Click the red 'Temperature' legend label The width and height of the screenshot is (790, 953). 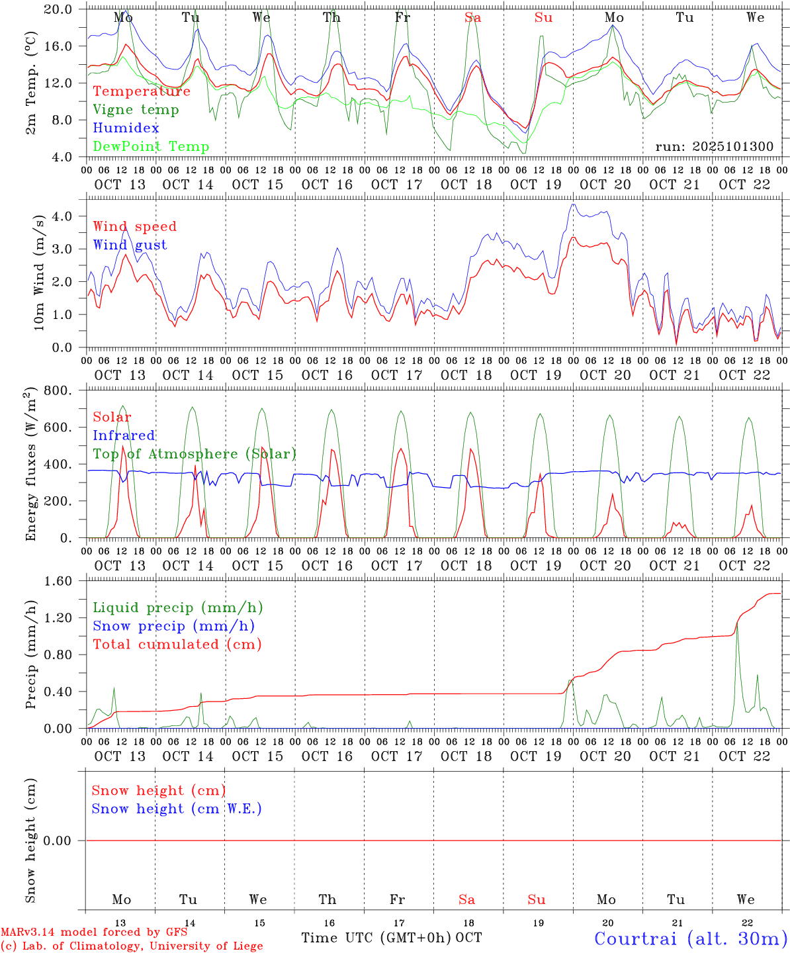pos(142,91)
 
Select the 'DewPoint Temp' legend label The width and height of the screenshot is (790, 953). pos(151,147)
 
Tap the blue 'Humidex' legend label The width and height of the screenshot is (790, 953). pos(126,128)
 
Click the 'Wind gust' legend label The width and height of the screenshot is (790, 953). pos(130,245)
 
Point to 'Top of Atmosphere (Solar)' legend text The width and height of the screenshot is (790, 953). pos(195,454)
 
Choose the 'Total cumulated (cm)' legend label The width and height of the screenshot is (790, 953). pos(177,645)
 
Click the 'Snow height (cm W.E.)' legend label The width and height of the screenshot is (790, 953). pos(177,809)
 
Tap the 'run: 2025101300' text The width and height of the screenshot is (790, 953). pos(714,147)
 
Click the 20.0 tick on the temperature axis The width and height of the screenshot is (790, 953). pos(66,9)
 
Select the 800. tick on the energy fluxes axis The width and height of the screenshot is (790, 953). pos(66,390)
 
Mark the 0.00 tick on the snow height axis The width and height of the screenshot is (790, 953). pos(66,840)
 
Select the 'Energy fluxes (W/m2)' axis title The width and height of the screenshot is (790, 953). pos(30,465)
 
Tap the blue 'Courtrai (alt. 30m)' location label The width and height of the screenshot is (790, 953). pos(690,938)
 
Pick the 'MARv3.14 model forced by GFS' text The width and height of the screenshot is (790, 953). pos(94,932)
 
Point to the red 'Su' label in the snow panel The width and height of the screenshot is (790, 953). pos(537,899)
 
